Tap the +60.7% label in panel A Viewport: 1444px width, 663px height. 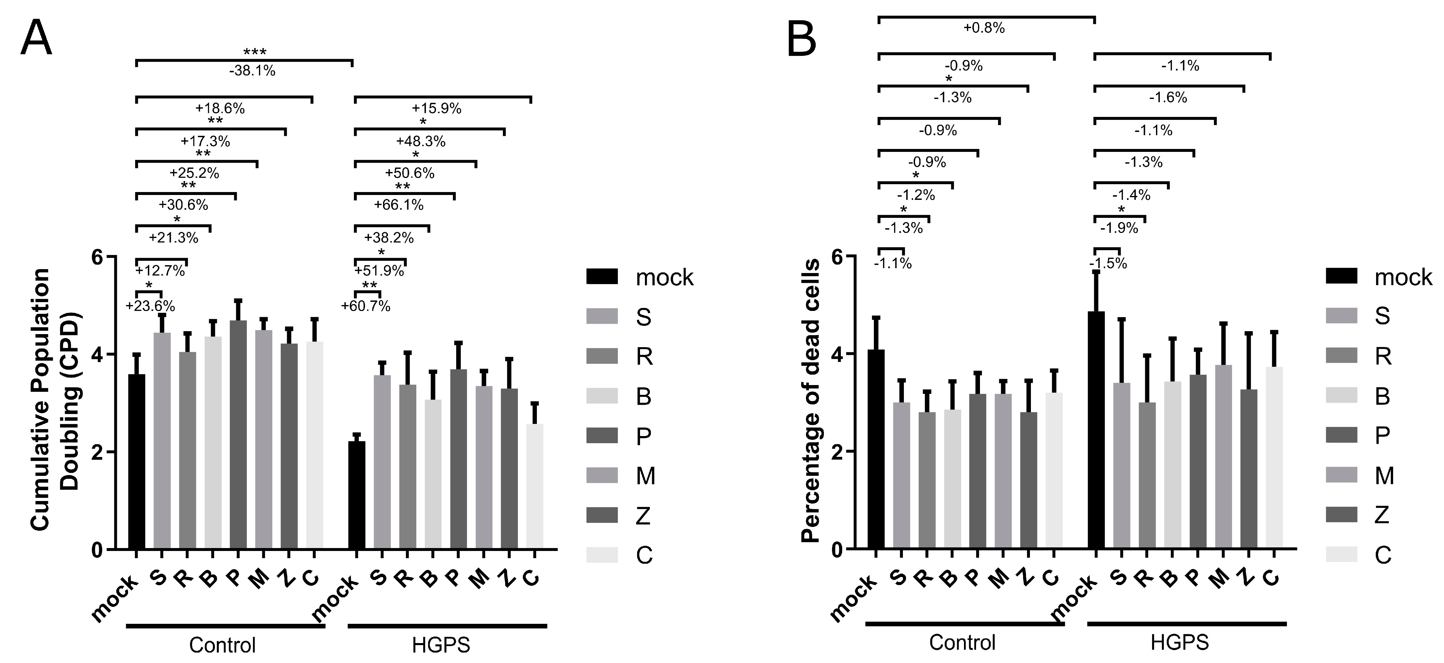365,306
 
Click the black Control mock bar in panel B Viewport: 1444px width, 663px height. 876,449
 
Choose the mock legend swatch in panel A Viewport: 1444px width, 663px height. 602,277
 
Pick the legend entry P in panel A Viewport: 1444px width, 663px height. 644,436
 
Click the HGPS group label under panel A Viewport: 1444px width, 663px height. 441,645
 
